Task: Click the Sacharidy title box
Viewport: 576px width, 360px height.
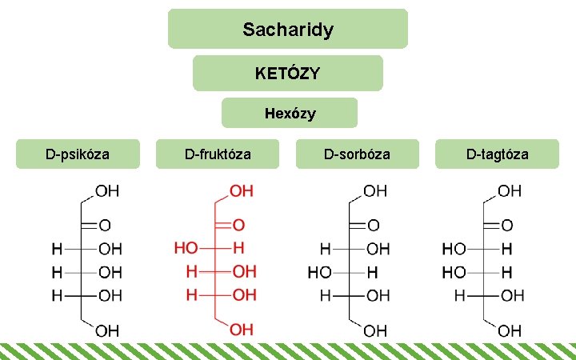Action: pos(288,30)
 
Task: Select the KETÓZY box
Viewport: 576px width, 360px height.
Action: pos(288,74)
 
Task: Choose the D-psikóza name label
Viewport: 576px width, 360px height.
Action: pos(78,154)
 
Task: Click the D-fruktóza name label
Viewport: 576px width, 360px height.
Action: pos(218,154)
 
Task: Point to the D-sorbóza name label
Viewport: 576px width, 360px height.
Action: pos(357,154)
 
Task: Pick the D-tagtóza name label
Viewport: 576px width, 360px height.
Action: pos(497,154)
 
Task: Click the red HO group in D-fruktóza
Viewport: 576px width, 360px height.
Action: pos(186,248)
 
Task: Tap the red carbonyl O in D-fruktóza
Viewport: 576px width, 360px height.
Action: pos(239,226)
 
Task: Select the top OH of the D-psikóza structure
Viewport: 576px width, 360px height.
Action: pos(108,192)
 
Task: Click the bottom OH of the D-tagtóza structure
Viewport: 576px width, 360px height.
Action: pos(510,330)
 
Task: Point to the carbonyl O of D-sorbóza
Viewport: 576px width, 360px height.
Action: pos(373,226)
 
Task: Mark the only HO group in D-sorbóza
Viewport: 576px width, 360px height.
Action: pos(320,273)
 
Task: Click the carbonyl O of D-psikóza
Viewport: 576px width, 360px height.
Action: pos(105,226)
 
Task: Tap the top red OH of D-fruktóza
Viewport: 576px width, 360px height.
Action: pos(242,192)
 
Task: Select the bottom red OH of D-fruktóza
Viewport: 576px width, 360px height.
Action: pos(242,330)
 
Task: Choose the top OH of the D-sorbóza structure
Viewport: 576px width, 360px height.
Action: pos(375,192)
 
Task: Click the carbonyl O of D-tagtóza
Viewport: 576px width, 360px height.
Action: pos(507,226)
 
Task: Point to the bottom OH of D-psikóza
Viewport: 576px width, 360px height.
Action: pos(108,330)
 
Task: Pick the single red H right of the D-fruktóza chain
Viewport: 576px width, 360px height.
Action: pos(238,248)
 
